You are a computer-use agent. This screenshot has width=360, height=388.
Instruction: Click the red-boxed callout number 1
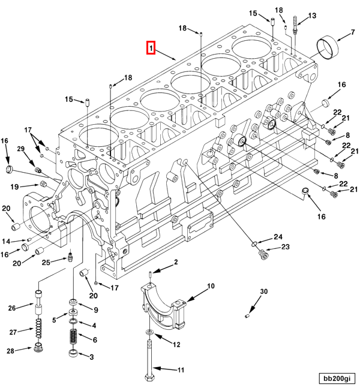(x=151, y=47)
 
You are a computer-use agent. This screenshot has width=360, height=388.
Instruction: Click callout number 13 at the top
(x=312, y=16)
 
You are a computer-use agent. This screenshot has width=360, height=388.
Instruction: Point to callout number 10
(x=211, y=287)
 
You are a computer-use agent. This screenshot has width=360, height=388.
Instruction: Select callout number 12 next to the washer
(x=176, y=344)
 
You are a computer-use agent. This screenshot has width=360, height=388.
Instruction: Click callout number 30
(x=263, y=292)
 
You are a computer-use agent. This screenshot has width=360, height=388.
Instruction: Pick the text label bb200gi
(x=337, y=378)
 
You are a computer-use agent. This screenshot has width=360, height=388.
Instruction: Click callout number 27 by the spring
(x=11, y=330)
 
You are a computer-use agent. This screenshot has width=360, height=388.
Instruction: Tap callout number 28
(x=11, y=351)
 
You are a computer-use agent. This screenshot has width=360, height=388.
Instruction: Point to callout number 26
(x=11, y=308)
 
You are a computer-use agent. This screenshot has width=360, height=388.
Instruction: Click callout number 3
(x=91, y=357)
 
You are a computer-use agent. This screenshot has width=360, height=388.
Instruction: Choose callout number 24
(x=278, y=236)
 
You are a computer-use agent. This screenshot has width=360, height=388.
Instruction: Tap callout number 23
(x=285, y=247)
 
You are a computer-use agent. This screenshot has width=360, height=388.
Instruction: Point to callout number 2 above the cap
(x=176, y=262)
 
